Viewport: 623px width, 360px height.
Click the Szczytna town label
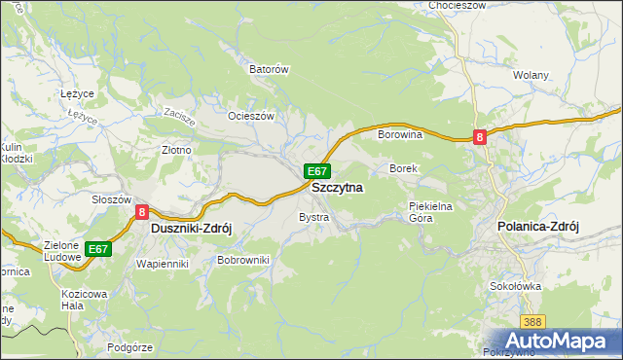click(337, 187)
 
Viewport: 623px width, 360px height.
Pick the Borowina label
click(399, 135)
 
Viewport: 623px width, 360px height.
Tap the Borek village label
click(403, 169)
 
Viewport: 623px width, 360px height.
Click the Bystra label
click(313, 217)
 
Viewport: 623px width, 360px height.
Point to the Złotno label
click(175, 151)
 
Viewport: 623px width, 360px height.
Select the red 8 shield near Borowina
click(480, 138)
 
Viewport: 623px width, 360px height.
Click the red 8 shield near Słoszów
click(142, 211)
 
